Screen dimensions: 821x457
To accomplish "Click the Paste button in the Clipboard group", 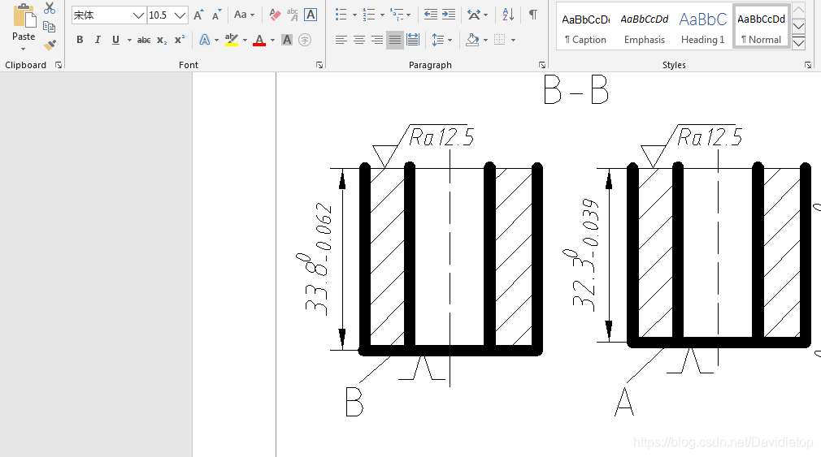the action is coord(24,27).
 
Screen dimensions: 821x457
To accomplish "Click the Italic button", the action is coord(98,40).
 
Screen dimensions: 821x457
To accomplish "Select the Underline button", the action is coord(115,40).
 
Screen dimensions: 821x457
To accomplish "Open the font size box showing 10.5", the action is coord(167,15).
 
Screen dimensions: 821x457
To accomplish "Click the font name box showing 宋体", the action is coord(108,15).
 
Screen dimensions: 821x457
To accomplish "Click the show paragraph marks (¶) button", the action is coord(532,15).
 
